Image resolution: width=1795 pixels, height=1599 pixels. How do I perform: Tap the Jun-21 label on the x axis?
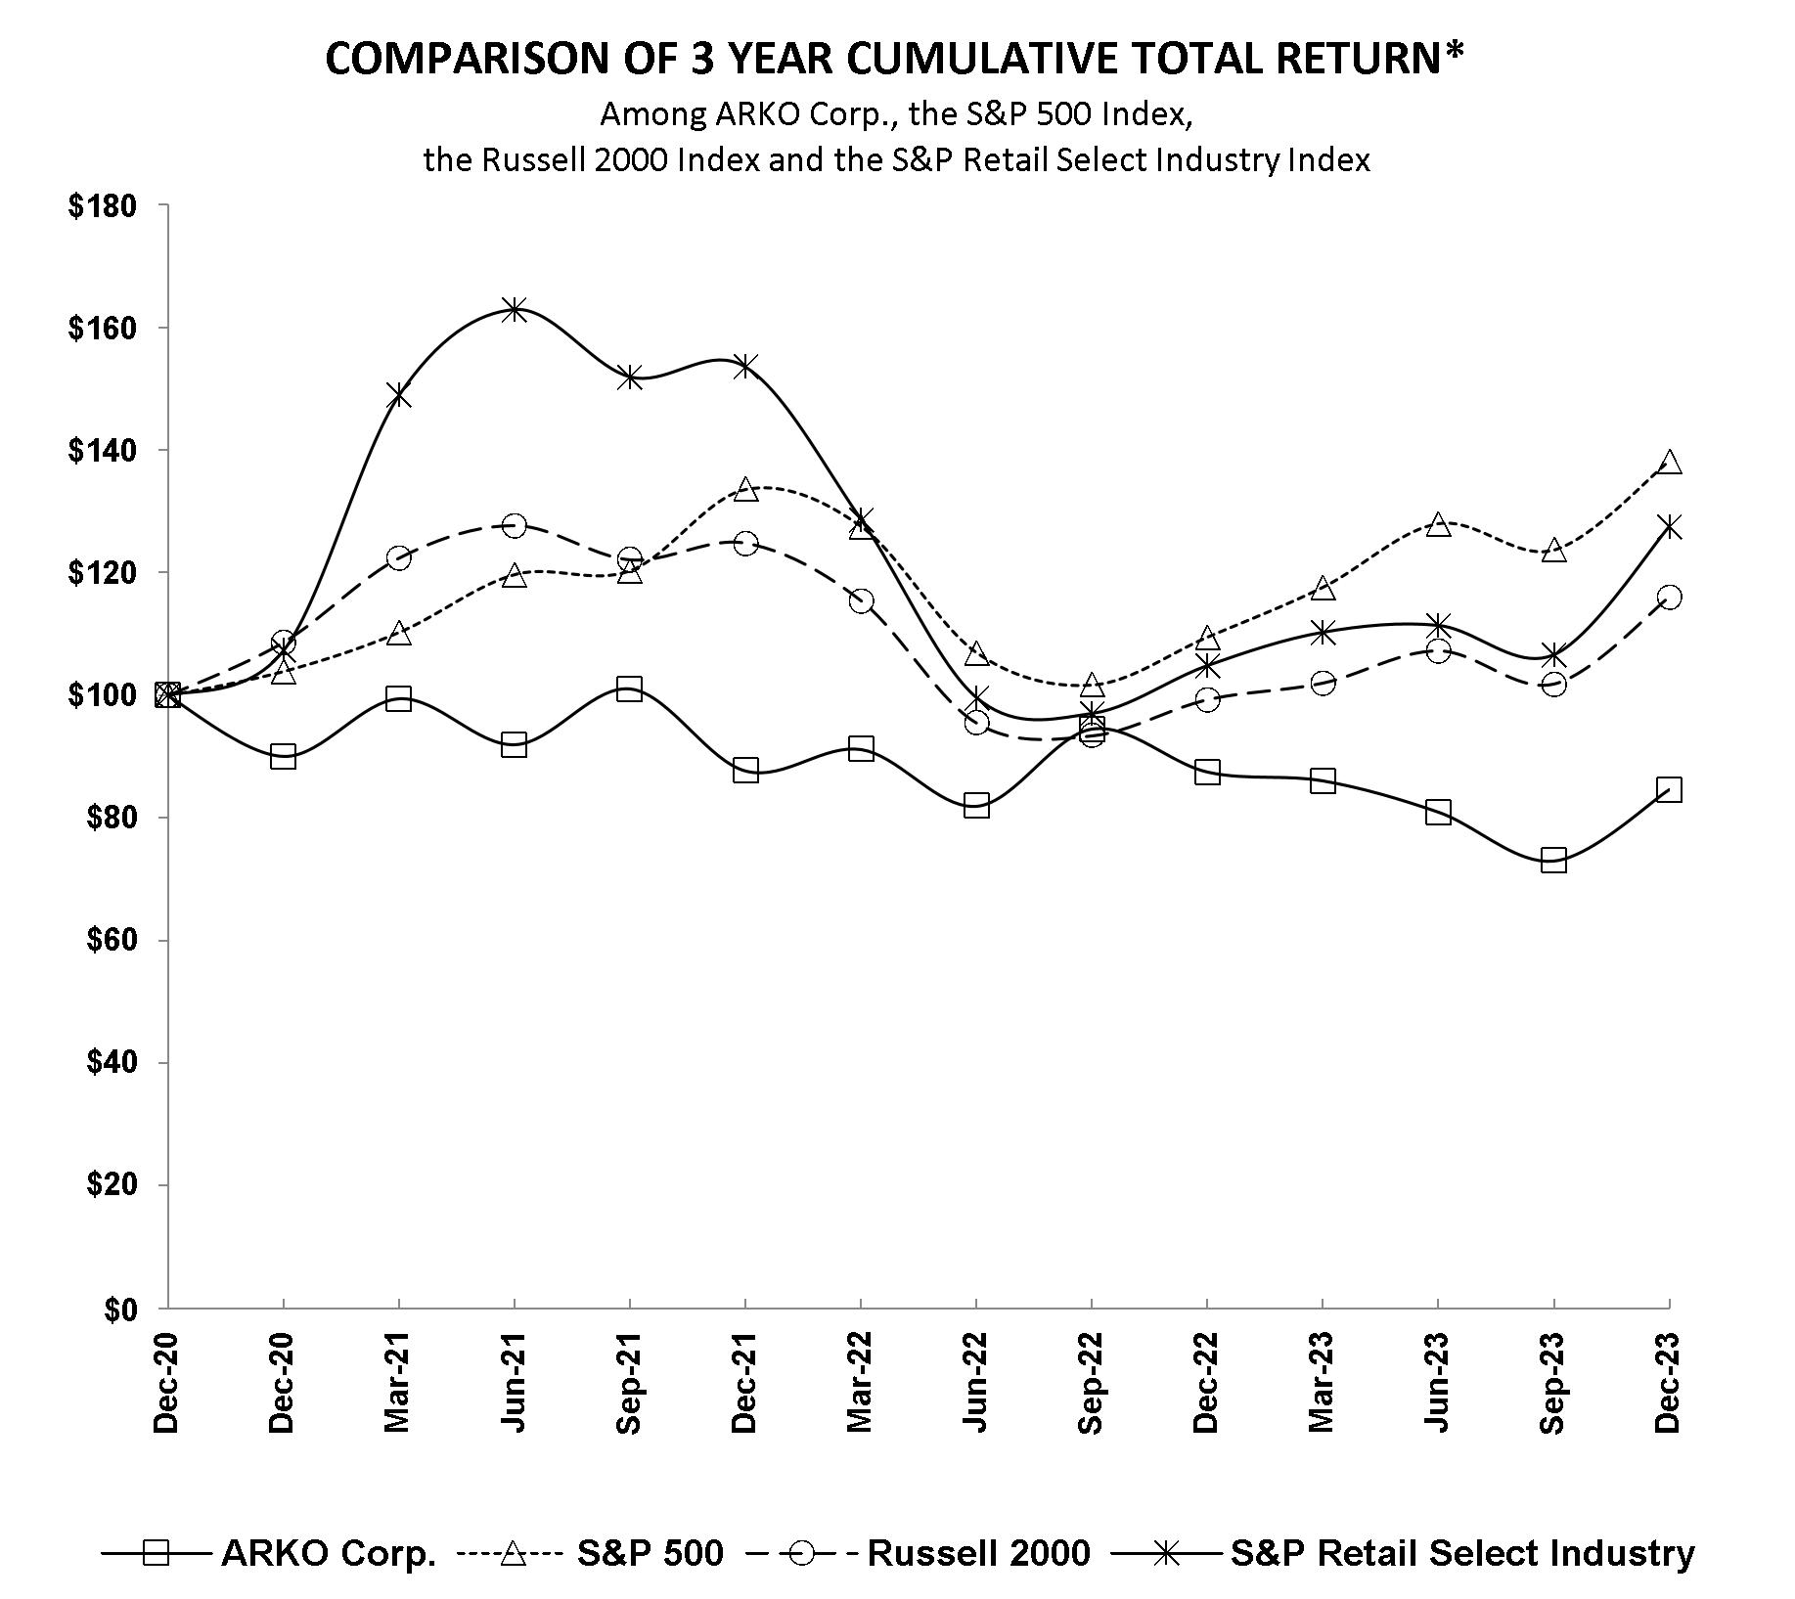coord(514,1382)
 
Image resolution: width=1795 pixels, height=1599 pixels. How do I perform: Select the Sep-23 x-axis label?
coord(1553,1382)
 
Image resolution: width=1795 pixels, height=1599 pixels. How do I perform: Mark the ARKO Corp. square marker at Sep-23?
coord(1553,861)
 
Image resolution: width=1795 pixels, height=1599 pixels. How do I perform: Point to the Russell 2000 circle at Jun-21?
coord(514,526)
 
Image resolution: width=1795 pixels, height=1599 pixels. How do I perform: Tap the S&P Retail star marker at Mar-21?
coord(398,396)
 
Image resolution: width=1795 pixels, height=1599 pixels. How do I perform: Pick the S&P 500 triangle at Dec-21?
coord(745,488)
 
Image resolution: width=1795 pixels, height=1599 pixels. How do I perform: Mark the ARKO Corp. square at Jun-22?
coord(976,806)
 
